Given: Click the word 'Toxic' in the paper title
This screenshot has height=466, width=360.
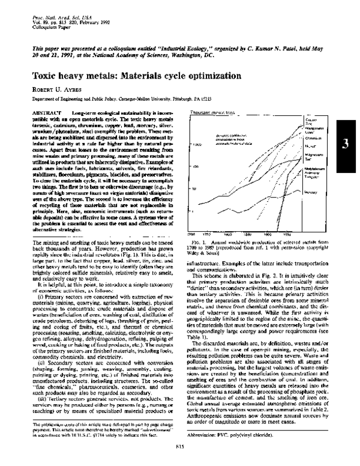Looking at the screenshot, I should (x=46, y=77).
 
